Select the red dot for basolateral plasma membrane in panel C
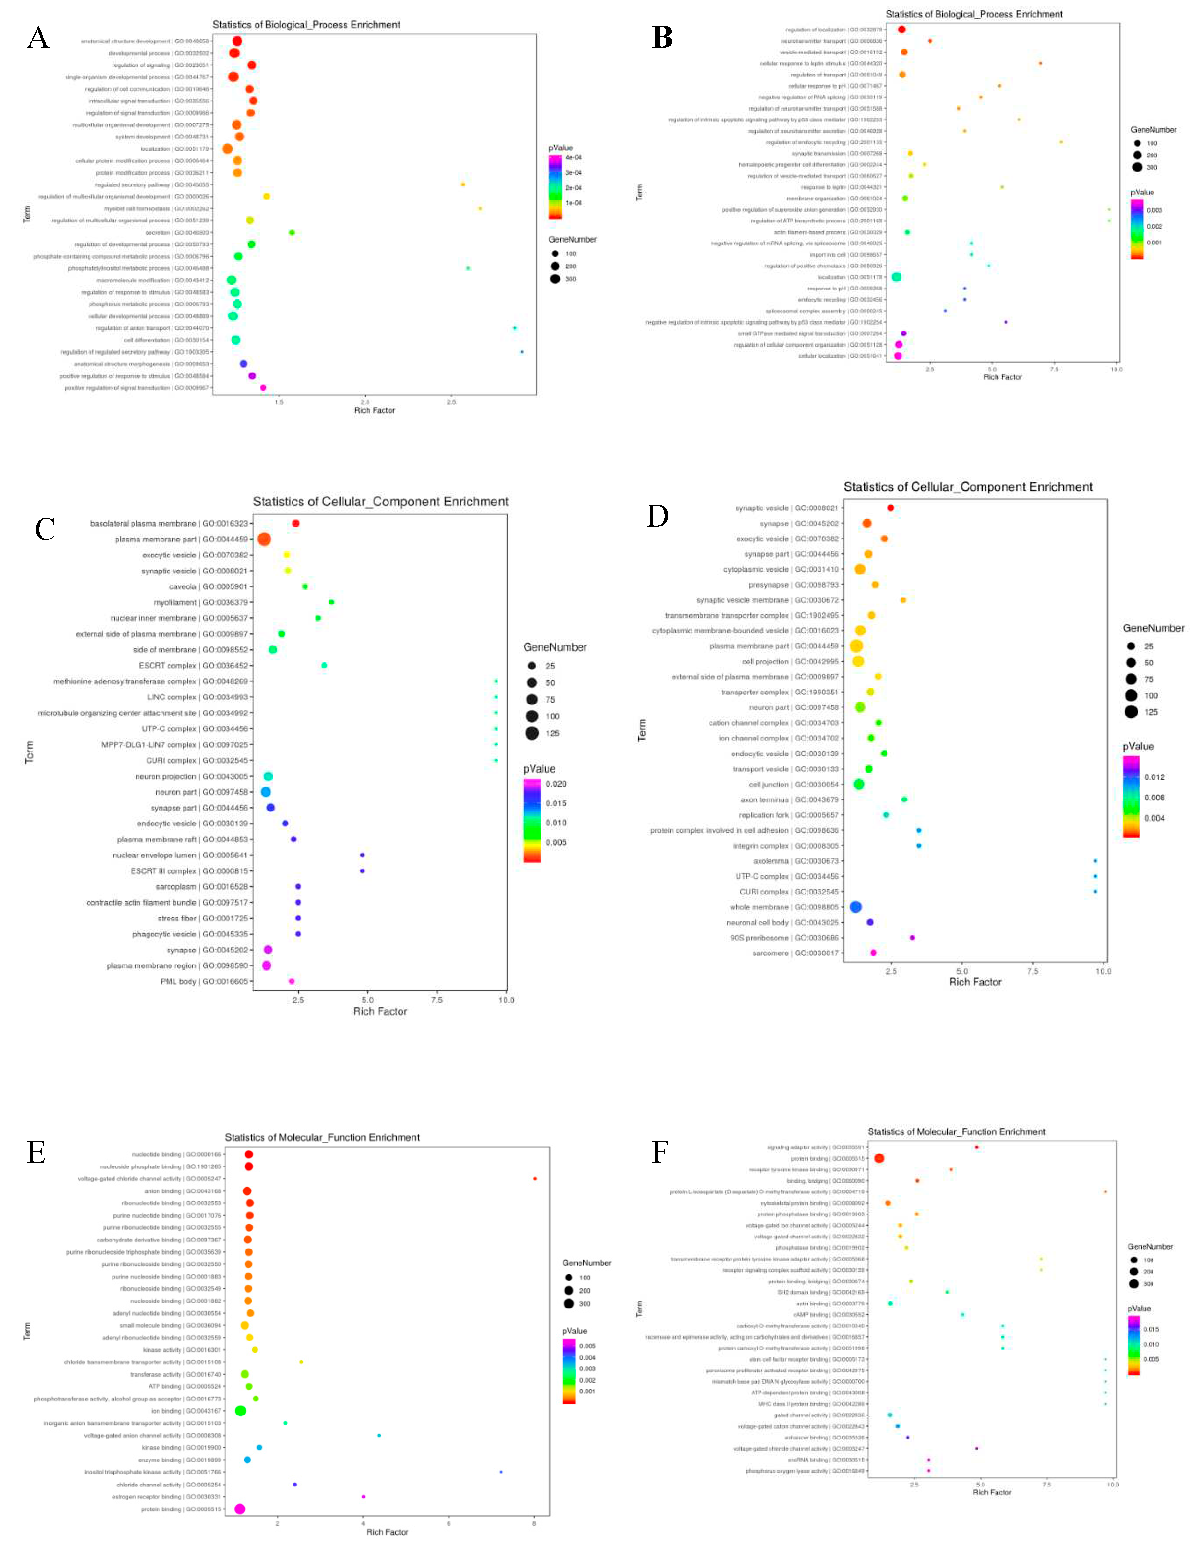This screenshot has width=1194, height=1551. [x=295, y=523]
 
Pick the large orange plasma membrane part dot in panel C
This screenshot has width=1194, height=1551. [x=264, y=539]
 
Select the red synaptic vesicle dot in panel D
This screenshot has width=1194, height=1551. [x=890, y=508]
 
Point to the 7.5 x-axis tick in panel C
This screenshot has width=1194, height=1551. [x=437, y=1000]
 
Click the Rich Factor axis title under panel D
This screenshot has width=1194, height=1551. [x=975, y=982]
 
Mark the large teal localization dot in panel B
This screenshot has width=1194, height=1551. [x=896, y=277]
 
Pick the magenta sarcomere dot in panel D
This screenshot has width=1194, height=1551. [x=873, y=953]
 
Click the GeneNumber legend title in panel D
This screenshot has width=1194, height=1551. [x=1153, y=628]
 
